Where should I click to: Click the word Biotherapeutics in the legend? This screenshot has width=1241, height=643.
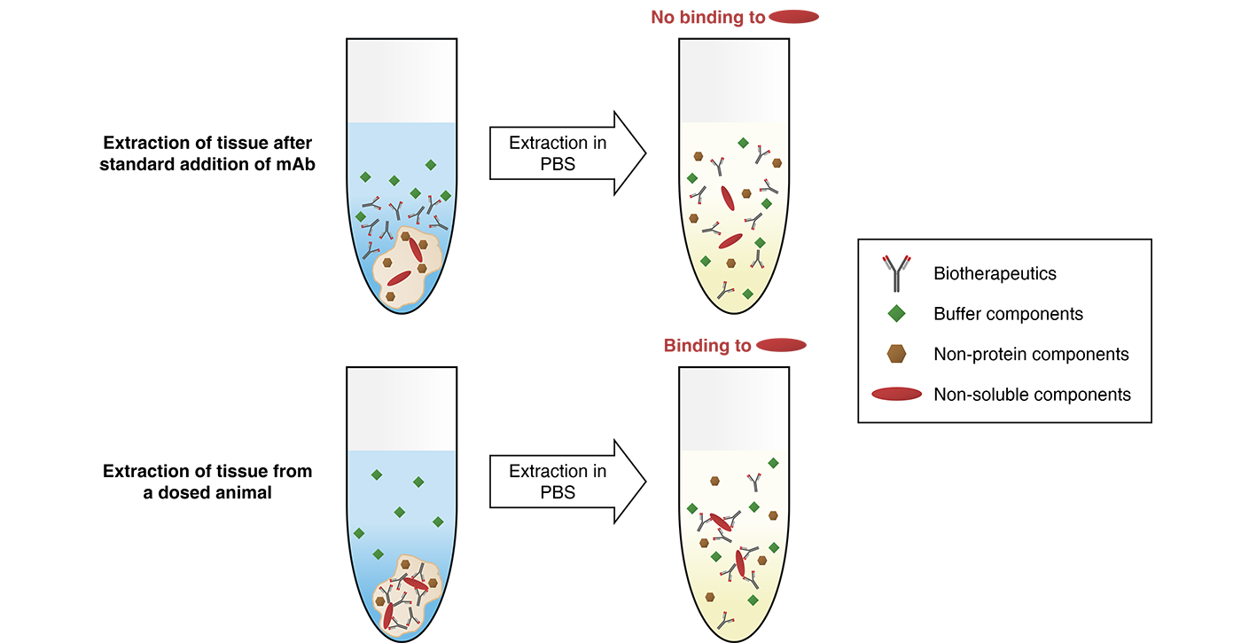click(995, 273)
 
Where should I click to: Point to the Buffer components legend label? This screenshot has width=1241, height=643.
click(1008, 314)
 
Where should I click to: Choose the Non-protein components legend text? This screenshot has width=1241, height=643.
click(1031, 354)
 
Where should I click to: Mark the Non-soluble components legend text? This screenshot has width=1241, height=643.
click(1032, 394)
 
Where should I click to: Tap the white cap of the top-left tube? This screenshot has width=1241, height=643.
click(402, 80)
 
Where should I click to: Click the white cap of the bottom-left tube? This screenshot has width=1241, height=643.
click(402, 408)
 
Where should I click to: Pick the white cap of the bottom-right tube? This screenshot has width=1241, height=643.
click(733, 408)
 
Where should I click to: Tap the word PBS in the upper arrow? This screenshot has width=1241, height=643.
click(558, 165)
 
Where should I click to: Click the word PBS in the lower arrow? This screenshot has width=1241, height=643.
click(558, 492)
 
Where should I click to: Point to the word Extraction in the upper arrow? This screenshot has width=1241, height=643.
click(548, 143)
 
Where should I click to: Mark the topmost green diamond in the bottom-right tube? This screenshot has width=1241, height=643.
click(773, 463)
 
